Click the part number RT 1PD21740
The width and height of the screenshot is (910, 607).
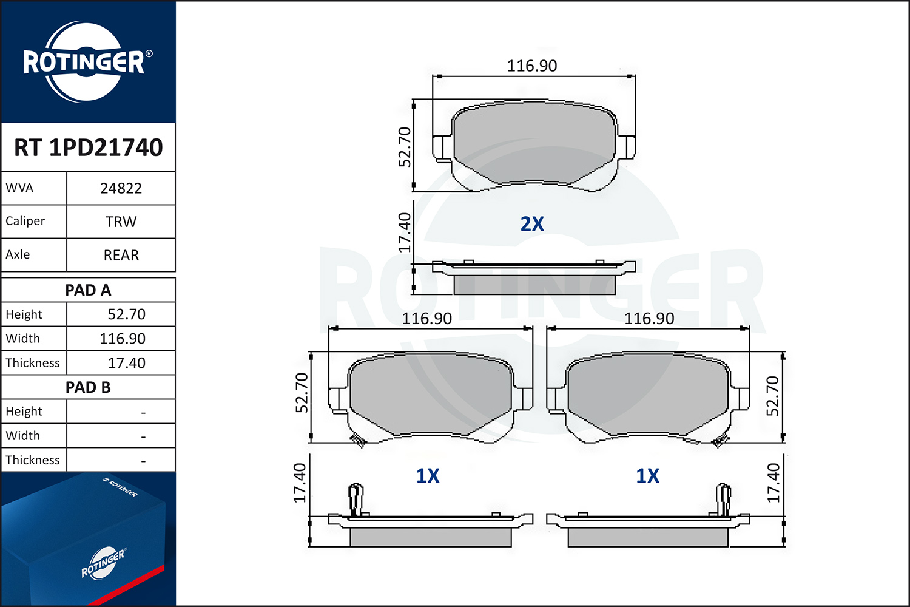[x=88, y=147]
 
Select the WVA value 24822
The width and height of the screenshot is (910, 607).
[x=121, y=188]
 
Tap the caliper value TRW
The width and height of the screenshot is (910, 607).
[x=121, y=222]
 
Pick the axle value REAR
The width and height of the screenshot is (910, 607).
[x=121, y=255]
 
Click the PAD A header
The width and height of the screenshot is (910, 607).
[x=88, y=290]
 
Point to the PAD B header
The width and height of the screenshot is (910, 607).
[x=88, y=387]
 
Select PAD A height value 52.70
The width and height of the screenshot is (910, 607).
[x=126, y=314]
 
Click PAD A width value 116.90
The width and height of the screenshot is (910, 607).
[x=123, y=339]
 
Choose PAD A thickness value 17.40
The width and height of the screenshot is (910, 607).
[x=126, y=363]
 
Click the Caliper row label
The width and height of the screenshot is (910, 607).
[x=25, y=221]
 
